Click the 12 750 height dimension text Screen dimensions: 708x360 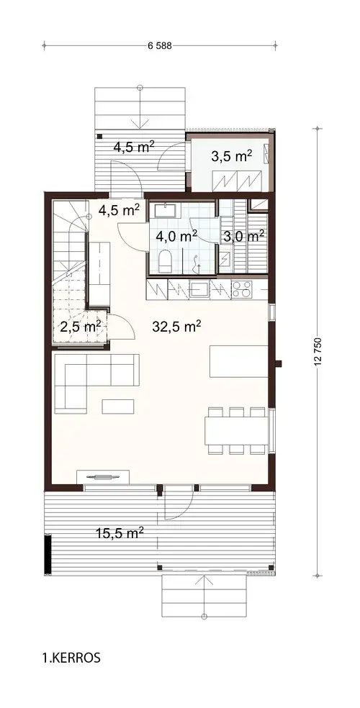click(318, 351)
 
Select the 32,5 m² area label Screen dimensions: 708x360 click(176, 326)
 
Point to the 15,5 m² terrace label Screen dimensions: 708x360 click(120, 532)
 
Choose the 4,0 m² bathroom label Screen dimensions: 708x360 click(177, 235)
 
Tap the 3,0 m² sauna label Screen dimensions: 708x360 click(243, 235)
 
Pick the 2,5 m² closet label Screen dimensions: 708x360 click(79, 326)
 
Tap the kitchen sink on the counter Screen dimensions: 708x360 click(199, 290)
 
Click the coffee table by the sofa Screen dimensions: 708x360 click(117, 407)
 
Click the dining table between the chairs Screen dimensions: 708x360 click(236, 431)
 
